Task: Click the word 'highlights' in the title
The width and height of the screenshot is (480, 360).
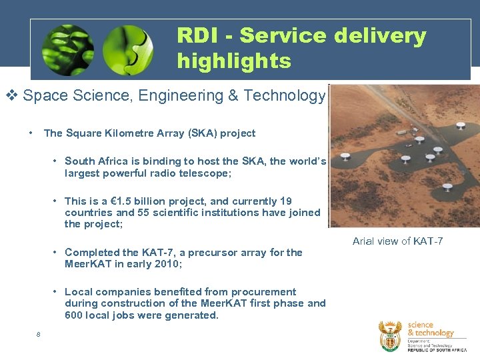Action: (x=234, y=61)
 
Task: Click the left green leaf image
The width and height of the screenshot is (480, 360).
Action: (x=67, y=49)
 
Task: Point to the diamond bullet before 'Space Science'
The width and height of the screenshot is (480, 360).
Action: (x=12, y=96)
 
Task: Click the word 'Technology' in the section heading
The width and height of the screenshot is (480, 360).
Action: (x=285, y=96)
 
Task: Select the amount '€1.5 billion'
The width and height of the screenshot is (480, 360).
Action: (x=134, y=201)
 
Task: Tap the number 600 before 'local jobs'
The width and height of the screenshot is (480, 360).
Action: (x=74, y=315)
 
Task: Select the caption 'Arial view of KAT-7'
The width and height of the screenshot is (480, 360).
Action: (x=397, y=241)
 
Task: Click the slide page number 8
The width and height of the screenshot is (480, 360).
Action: (x=39, y=335)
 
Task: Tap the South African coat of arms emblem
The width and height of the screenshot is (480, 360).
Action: (x=390, y=336)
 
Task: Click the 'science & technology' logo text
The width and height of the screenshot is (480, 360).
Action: (x=430, y=329)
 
